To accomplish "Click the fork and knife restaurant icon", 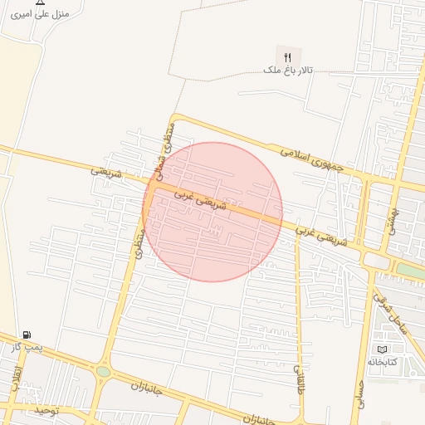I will pyautogui.click(x=288, y=57).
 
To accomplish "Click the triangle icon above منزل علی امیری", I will pyautogui.click(x=40, y=2).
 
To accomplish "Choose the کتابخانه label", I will pyautogui.click(x=383, y=362).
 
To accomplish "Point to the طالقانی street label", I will pyautogui.click(x=300, y=377).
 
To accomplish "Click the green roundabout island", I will pyautogui.click(x=103, y=371).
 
